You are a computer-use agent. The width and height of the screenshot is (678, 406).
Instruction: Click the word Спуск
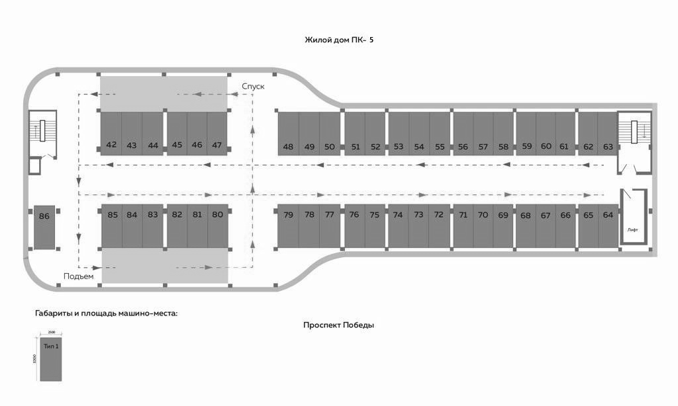click(x=253, y=86)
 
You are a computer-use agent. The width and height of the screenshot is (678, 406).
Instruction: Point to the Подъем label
click(x=79, y=276)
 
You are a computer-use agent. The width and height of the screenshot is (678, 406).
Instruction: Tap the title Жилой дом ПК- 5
click(x=339, y=40)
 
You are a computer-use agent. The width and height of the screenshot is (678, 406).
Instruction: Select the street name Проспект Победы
click(x=338, y=325)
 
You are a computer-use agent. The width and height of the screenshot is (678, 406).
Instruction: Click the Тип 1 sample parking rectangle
click(x=51, y=360)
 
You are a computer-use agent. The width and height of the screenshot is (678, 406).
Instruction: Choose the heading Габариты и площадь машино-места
click(x=106, y=313)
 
